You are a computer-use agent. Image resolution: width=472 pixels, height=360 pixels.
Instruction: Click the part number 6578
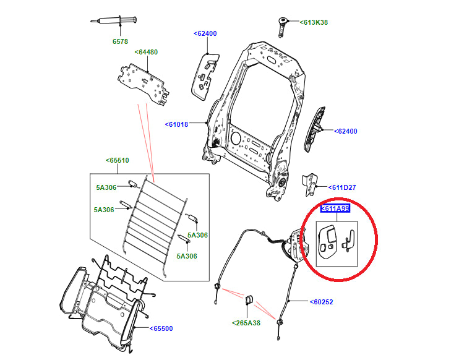(119, 42)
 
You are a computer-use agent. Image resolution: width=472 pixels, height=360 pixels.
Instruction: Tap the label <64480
(146, 52)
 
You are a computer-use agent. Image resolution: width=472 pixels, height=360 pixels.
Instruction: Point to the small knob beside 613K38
(284, 25)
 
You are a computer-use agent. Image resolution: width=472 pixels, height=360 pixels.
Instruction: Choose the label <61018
(176, 124)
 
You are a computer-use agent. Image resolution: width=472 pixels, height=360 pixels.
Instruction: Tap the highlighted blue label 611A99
(335, 209)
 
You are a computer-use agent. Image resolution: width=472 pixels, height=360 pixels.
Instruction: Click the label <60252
(323, 302)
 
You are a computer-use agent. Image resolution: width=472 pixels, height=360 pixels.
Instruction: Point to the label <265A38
(247, 323)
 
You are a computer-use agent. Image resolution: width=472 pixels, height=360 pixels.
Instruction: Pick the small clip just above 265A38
(250, 300)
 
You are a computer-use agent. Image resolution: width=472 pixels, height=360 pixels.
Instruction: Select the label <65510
(117, 160)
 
